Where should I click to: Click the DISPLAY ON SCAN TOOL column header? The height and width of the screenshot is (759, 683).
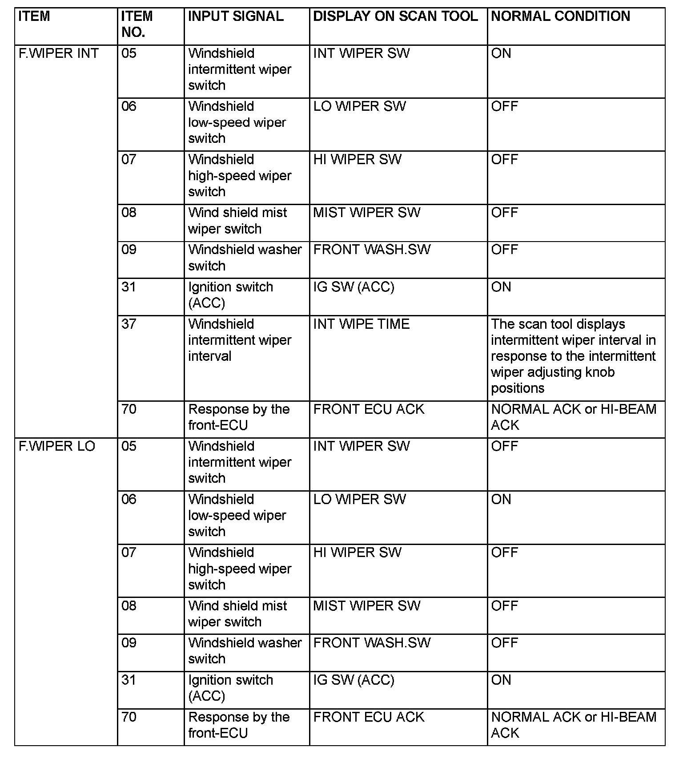(395, 16)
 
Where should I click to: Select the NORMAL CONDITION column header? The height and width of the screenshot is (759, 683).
(560, 16)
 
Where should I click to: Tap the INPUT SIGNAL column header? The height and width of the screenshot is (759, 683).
(236, 16)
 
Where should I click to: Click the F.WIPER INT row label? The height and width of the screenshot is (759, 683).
(58, 53)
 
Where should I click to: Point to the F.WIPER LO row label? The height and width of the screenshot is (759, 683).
(57, 446)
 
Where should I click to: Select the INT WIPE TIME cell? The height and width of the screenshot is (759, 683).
(361, 324)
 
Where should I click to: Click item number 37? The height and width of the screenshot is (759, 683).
(129, 324)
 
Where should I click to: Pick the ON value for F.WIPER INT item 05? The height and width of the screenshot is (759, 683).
(501, 53)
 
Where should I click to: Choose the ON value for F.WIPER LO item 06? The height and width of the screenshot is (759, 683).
(501, 499)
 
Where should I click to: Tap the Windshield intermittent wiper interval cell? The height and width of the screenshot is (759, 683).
(239, 340)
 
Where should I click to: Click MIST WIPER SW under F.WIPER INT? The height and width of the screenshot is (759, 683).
(366, 213)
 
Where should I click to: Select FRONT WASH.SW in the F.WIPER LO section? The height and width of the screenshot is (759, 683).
(372, 643)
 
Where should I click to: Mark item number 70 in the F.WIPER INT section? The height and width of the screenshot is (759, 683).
(129, 409)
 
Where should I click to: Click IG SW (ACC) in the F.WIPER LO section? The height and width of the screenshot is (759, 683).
(354, 680)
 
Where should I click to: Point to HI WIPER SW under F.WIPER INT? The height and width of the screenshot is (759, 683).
(357, 159)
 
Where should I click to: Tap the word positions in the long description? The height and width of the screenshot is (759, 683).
(518, 388)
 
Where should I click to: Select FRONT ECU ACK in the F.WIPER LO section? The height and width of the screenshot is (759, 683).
(369, 717)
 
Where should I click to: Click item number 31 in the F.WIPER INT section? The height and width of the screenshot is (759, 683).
(129, 287)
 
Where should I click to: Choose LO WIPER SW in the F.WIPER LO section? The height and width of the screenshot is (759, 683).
(359, 499)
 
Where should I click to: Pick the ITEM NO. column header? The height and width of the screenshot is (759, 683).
(137, 24)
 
